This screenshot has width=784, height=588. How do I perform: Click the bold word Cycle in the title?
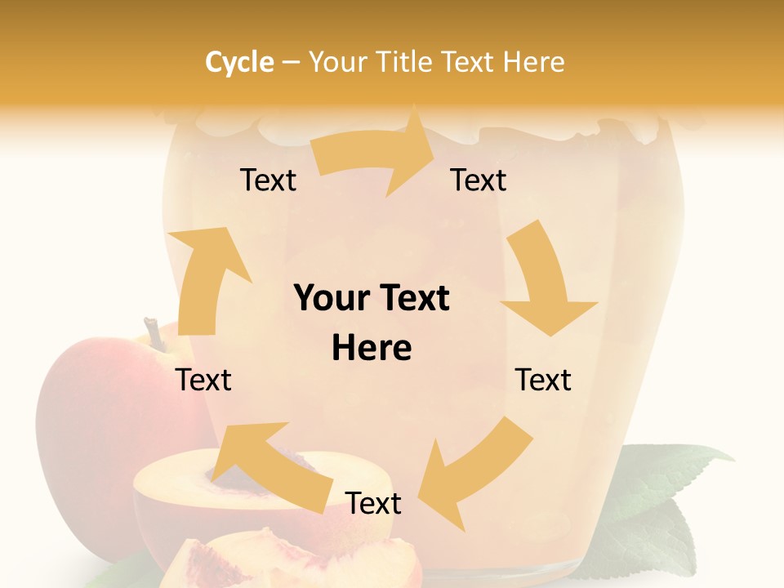(239, 62)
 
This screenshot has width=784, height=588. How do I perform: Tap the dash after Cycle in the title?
(291, 63)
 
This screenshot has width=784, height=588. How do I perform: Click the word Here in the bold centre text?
(371, 349)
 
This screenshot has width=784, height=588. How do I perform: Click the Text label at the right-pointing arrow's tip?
(479, 180)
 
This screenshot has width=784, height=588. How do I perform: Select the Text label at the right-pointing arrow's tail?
(268, 180)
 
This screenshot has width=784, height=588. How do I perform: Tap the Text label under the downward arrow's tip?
(543, 380)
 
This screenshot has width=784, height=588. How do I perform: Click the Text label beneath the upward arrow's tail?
(204, 380)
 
